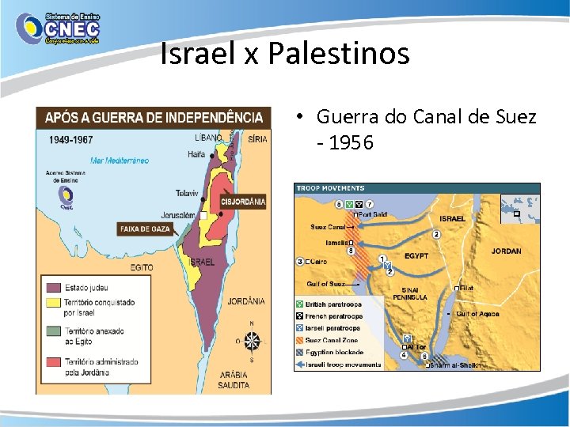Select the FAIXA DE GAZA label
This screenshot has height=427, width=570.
click(145, 229)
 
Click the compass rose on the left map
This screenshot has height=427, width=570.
click(252, 342)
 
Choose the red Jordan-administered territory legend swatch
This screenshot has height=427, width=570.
click(53, 362)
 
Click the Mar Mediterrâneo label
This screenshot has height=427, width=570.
click(119, 160)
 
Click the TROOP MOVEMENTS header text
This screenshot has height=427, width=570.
click(330, 188)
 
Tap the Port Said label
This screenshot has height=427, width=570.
click(372, 214)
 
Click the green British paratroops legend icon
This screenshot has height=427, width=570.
click(299, 304)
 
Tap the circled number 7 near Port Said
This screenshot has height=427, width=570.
click(369, 203)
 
